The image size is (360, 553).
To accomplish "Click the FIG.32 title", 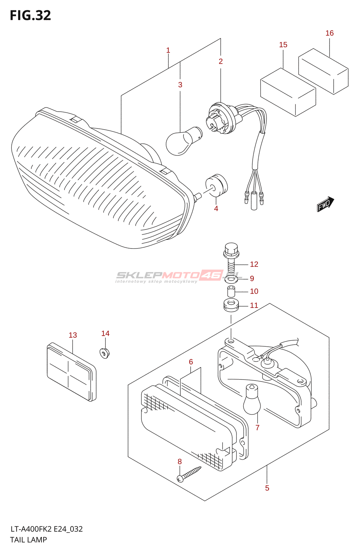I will pos(30,16).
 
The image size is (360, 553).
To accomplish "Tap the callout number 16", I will pos(329,33).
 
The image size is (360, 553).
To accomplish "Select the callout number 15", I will pos(283,45).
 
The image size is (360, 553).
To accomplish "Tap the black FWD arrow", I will pos(325,204).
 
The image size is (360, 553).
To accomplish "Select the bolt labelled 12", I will pos(231,257).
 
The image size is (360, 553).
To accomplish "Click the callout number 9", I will pos(252,279).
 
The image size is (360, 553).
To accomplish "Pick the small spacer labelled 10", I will pos(231,291).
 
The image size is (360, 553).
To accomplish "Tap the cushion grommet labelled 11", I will pos(231,305).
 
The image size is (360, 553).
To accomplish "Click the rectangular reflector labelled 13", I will pos(71,372).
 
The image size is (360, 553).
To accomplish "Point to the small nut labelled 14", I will pos(105,353).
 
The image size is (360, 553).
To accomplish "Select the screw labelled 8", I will pos(189,474).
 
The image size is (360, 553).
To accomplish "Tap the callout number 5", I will pos(267,488).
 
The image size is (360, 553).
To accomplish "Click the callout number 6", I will pos(191,362).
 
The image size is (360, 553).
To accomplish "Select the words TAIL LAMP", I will pos(28,540).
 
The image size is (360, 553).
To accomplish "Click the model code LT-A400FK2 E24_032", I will pos(46,529).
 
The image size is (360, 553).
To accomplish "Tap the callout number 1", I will pos(168,50).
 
